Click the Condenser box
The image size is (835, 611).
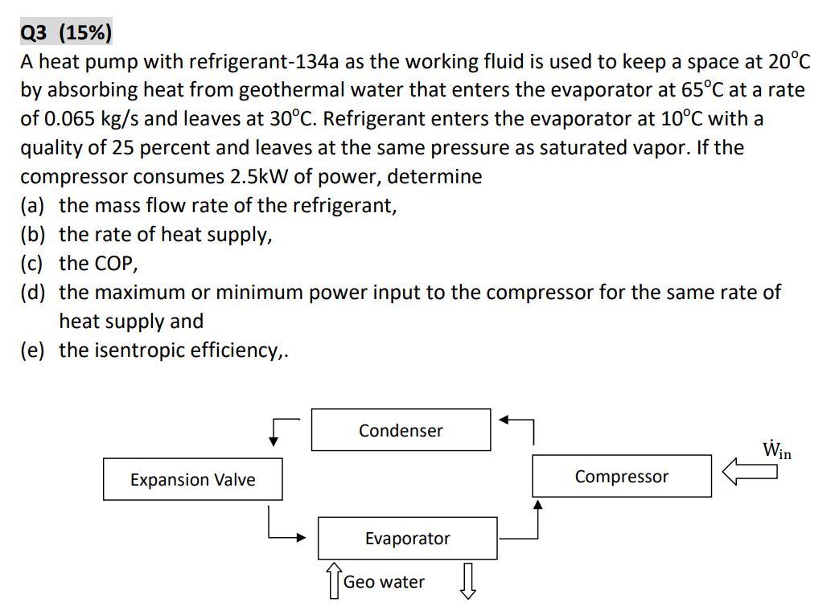pos(401,430)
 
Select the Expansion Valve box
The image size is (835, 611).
pos(192,479)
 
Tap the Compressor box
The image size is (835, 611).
pos(621,476)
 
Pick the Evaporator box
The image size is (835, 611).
pos(407,538)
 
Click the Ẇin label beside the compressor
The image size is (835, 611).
pos(777,449)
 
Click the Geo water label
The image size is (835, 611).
pos(384,582)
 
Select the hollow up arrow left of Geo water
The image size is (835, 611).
pos(333,580)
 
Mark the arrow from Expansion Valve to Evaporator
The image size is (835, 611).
pos(286,531)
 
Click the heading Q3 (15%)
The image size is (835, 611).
pos(66,33)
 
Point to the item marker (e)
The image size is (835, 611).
pos(33,351)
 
